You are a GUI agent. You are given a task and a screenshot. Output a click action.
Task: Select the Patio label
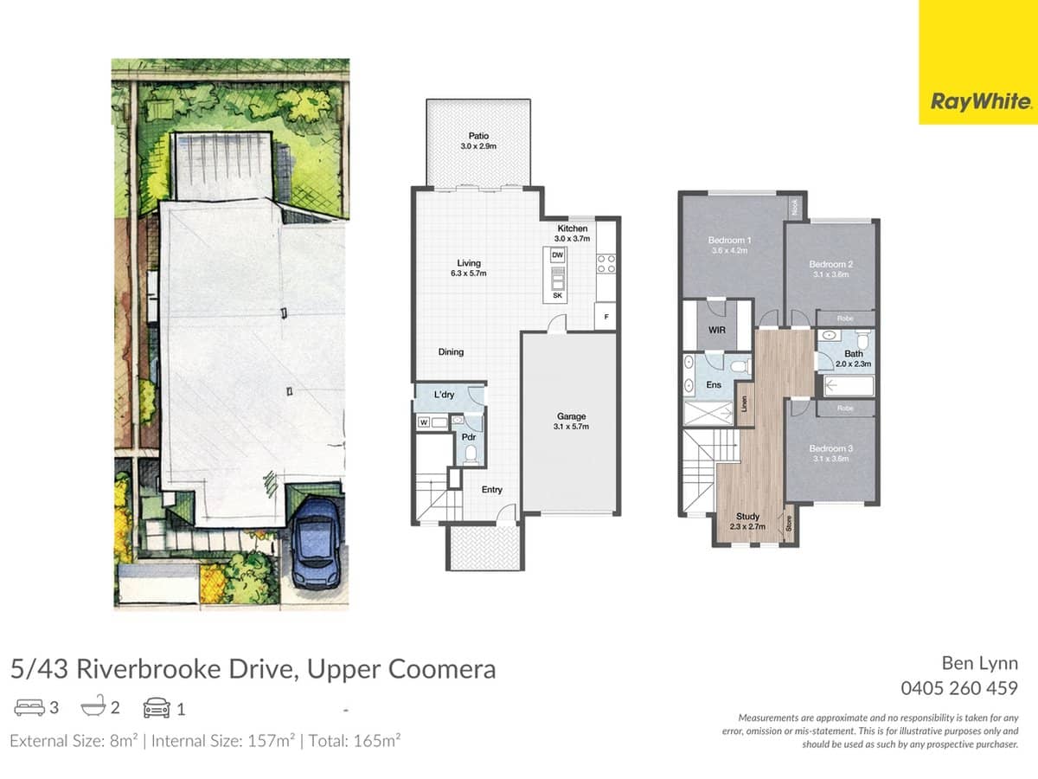point(477,136)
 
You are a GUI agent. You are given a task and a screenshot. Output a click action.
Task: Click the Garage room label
point(571,416)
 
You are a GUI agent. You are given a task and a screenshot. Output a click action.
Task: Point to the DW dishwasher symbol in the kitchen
point(557,255)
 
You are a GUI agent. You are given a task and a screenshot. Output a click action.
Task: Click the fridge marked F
point(606,318)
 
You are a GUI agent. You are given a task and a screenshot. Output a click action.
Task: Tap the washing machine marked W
point(424,422)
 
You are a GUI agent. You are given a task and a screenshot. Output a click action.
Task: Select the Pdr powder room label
point(469,437)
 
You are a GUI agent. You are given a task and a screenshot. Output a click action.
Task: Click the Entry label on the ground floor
point(491,490)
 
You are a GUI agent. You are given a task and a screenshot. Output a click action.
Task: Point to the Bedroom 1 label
point(729,240)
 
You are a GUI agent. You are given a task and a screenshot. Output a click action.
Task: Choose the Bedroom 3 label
point(831,448)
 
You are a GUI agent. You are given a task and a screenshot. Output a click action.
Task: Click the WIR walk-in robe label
point(716,330)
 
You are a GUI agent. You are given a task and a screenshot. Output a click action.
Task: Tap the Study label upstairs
point(736,516)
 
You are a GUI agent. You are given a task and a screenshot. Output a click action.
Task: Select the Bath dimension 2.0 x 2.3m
point(854,364)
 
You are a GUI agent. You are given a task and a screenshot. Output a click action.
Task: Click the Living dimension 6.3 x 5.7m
point(470,274)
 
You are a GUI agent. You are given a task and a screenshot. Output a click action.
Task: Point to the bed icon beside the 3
point(28,709)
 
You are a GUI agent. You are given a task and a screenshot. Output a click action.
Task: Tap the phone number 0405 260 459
point(959,689)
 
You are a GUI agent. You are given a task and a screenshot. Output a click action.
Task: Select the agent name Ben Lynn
point(979,664)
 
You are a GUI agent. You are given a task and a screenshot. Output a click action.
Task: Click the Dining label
point(451,352)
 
